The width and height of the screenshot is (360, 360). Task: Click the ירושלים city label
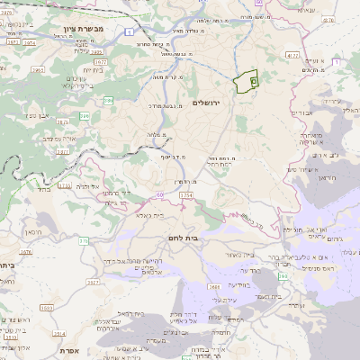point(211,103)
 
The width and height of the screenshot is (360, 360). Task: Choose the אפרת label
point(73,350)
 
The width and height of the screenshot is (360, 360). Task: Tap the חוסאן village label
point(34,231)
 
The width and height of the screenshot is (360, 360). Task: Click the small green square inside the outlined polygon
point(253,81)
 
